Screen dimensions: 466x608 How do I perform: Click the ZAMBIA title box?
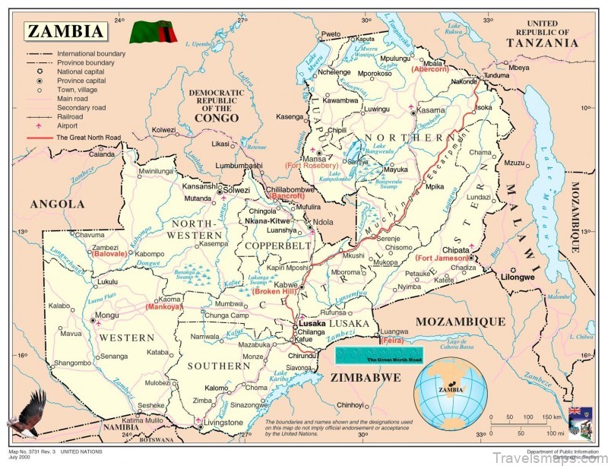65,31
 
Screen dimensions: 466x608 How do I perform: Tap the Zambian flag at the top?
153,32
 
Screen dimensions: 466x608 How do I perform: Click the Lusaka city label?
312,323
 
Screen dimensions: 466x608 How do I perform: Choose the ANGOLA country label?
58,204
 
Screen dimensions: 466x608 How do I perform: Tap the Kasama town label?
430,111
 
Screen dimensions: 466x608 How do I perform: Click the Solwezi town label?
236,190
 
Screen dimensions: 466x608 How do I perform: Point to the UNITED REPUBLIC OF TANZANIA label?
542,33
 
